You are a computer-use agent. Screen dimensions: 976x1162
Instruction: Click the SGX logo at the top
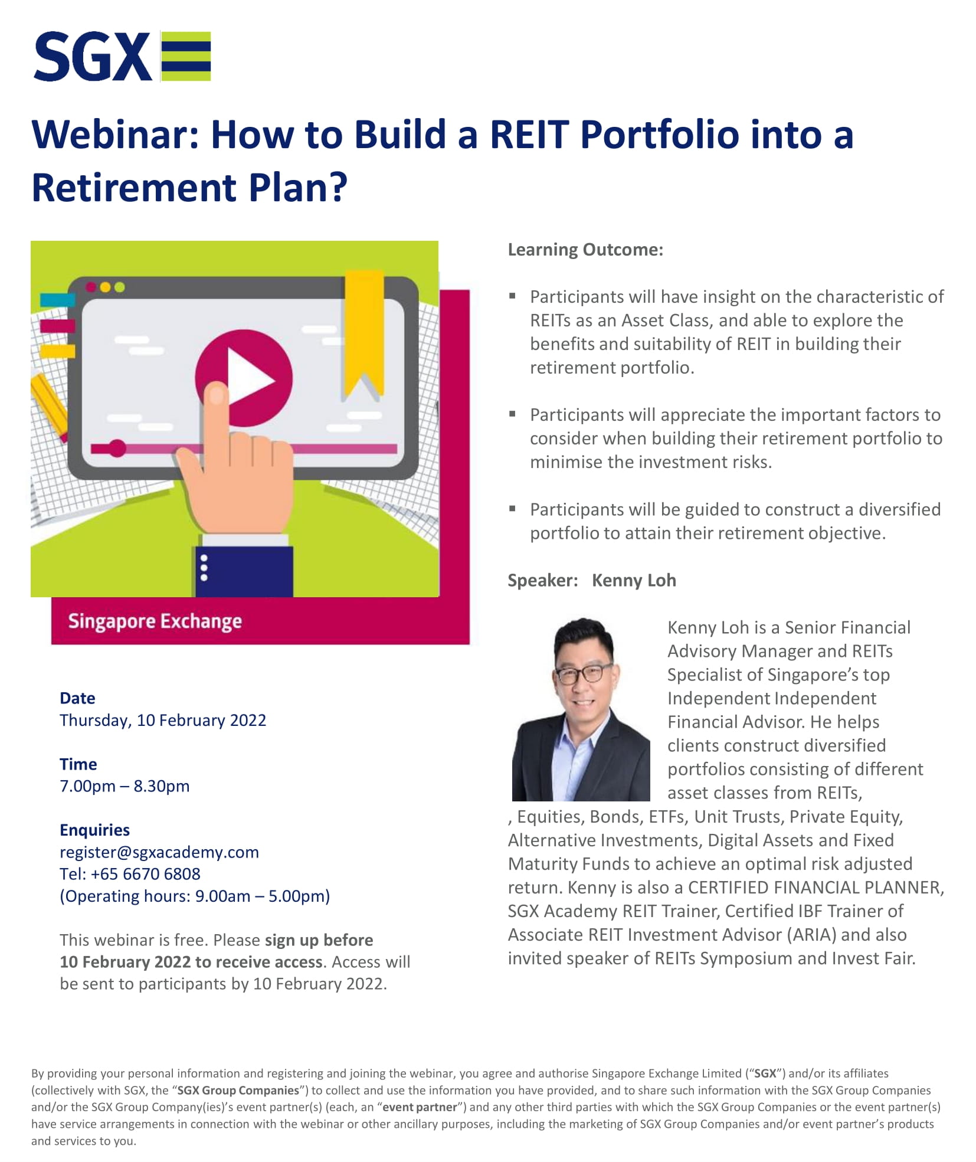(x=122, y=56)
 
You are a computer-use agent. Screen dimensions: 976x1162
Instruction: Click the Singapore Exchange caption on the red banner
(x=155, y=621)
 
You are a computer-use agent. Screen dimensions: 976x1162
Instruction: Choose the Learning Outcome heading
(x=585, y=250)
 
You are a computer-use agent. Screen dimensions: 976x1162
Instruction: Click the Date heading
(x=77, y=698)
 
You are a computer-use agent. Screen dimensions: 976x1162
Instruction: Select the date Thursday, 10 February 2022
(x=163, y=721)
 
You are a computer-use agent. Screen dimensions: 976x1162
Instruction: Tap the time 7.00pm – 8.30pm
(x=125, y=786)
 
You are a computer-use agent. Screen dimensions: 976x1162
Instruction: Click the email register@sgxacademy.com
(x=159, y=852)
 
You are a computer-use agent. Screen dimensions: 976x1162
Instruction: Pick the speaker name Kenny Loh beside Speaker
(x=634, y=580)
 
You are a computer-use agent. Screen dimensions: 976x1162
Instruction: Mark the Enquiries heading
(x=95, y=830)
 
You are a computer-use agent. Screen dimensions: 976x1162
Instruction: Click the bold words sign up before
(x=319, y=940)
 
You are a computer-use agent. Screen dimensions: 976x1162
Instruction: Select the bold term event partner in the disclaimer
(x=420, y=1107)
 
